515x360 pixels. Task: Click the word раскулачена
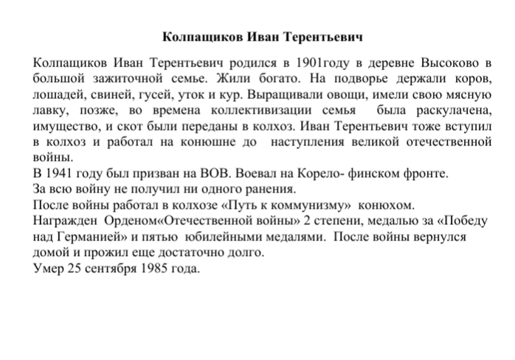click(447, 109)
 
